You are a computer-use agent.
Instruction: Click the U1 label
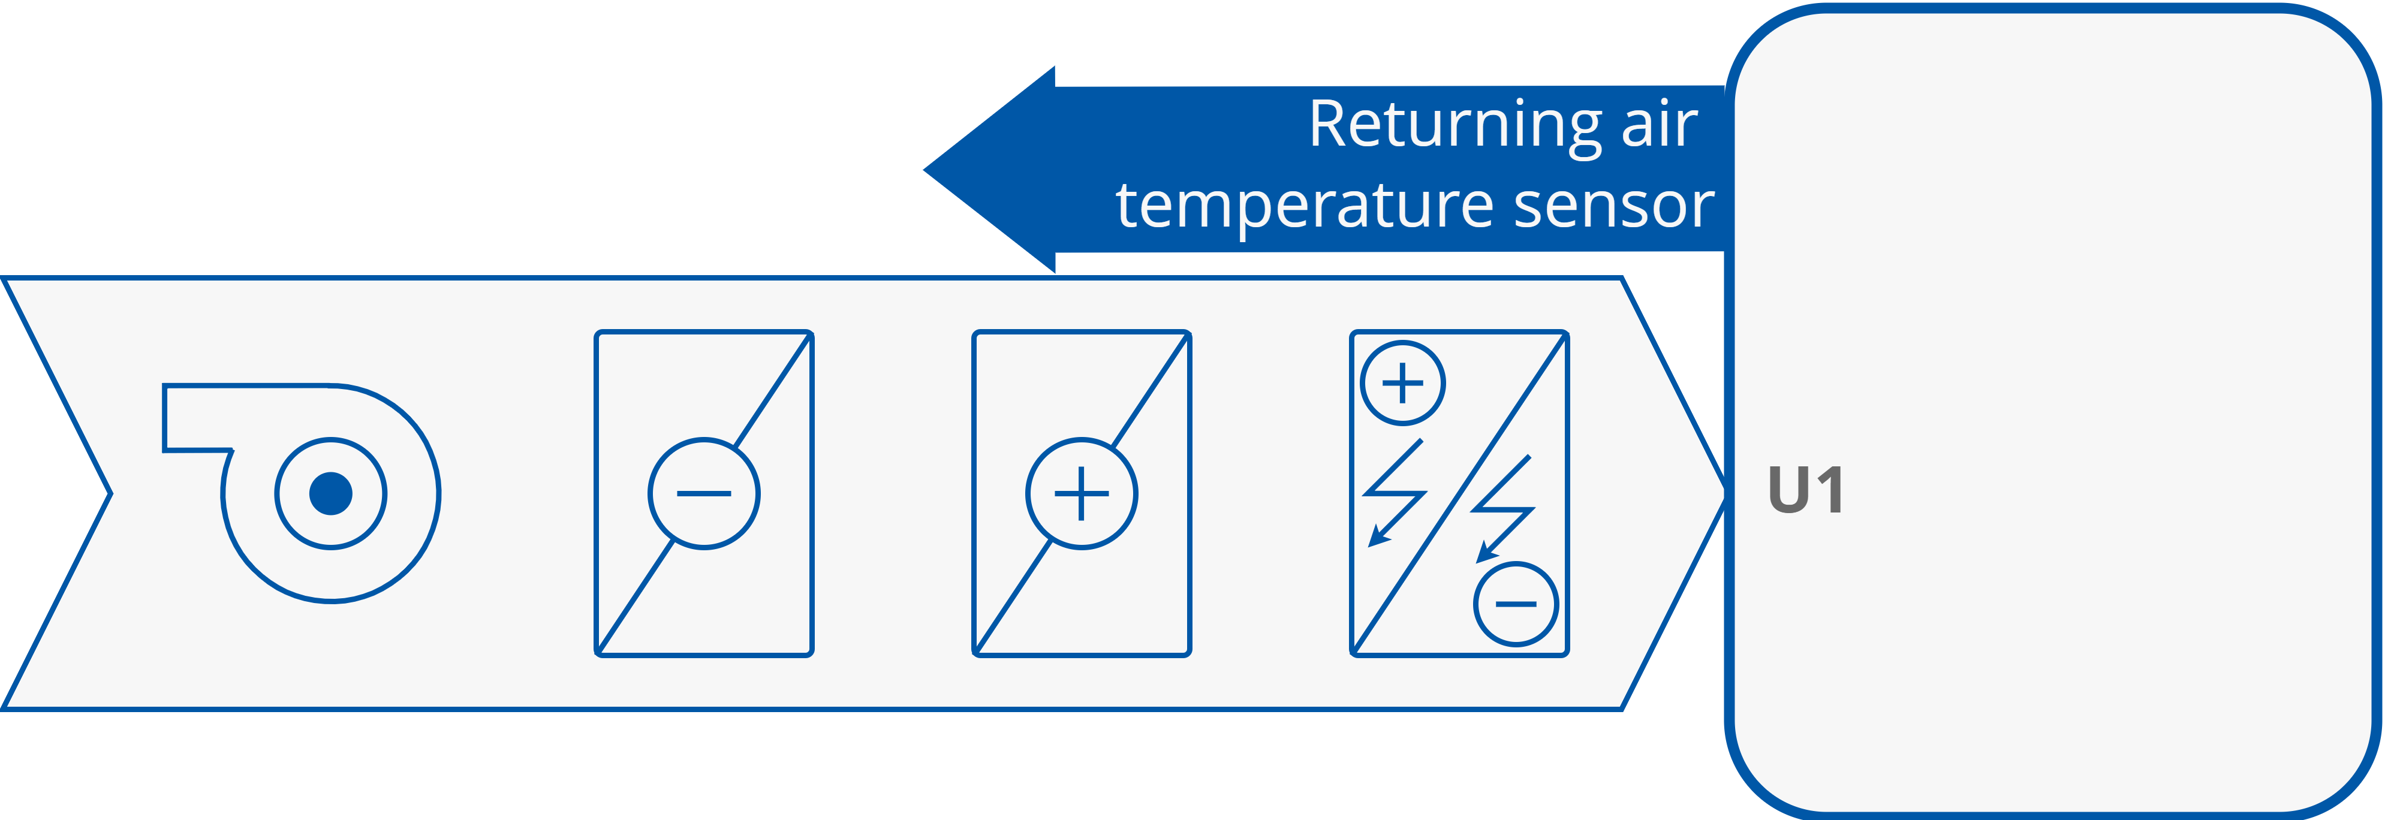1805,490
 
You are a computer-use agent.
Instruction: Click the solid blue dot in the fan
330,493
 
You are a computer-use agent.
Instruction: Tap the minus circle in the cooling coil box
704,493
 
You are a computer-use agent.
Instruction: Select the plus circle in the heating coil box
1082,493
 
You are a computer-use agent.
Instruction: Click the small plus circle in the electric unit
1403,383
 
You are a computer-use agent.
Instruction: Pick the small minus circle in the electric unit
1516,604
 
